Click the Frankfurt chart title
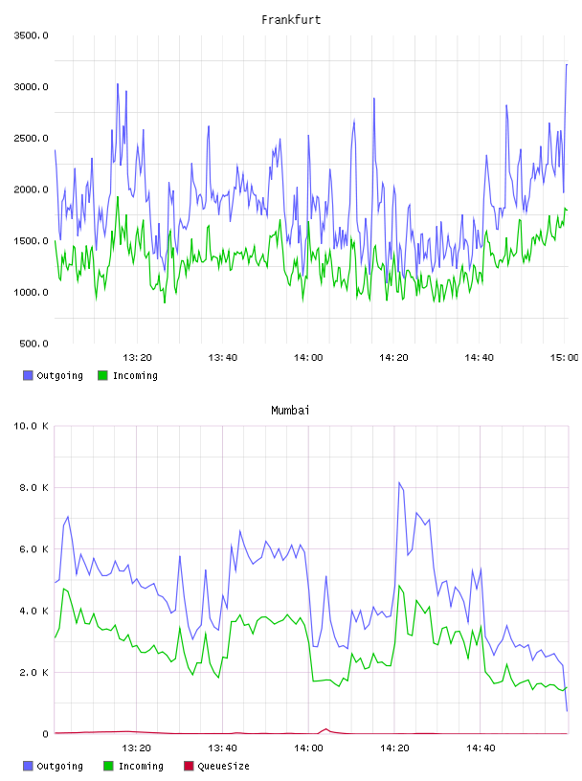point(291,20)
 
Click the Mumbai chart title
point(290,411)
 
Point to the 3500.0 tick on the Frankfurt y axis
point(31,35)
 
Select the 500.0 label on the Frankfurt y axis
point(34,344)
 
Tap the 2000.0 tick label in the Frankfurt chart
point(31,190)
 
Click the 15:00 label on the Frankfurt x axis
point(564,358)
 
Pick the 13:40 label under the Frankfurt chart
point(223,358)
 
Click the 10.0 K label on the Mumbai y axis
point(31,426)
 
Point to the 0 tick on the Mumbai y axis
point(45,734)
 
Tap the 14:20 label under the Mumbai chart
point(394,748)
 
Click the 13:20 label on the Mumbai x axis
point(137,748)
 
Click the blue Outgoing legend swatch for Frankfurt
point(28,375)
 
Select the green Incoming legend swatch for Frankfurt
point(102,375)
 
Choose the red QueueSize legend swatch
point(189,766)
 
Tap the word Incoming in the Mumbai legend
point(141,766)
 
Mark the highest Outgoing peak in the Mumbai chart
point(399,482)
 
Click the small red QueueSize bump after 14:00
point(325,729)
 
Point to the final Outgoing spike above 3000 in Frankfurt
point(567,64)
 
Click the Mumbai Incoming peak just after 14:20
point(398,586)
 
